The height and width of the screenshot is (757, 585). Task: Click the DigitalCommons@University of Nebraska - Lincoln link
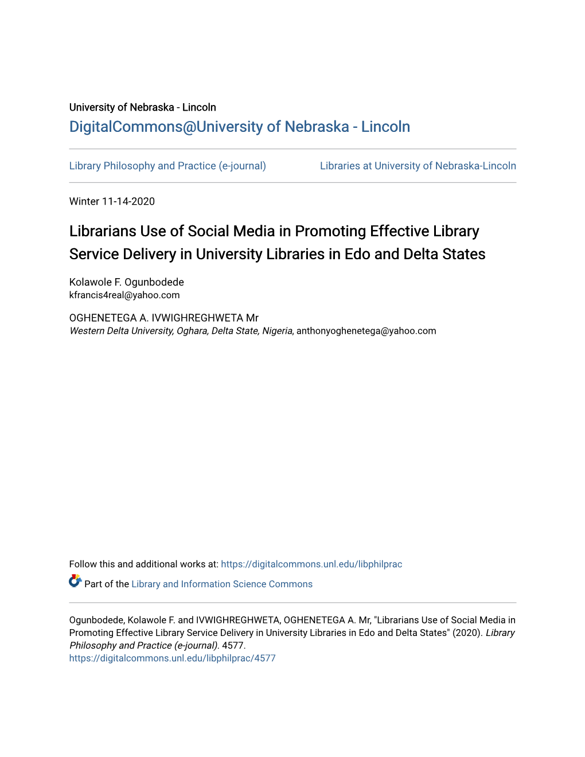click(239, 127)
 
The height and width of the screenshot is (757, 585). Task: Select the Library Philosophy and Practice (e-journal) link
click(167, 166)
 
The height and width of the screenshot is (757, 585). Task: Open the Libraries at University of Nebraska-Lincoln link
click(418, 166)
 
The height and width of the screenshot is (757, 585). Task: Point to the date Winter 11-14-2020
click(112, 201)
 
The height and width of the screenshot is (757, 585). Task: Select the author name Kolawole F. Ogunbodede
click(126, 282)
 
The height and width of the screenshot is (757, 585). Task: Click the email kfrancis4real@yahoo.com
click(124, 295)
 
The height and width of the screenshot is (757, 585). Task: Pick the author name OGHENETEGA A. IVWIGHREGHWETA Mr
click(163, 318)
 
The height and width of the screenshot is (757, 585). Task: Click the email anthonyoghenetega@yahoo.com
click(366, 331)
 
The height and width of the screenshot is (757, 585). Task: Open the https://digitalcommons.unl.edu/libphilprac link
click(311, 564)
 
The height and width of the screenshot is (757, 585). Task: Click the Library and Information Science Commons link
click(222, 584)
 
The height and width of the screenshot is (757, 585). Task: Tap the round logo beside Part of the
click(75, 582)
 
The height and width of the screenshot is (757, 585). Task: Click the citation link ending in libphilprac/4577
click(172, 658)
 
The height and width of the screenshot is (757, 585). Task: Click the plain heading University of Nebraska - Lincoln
click(142, 107)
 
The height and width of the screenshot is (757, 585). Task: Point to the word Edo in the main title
click(357, 254)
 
